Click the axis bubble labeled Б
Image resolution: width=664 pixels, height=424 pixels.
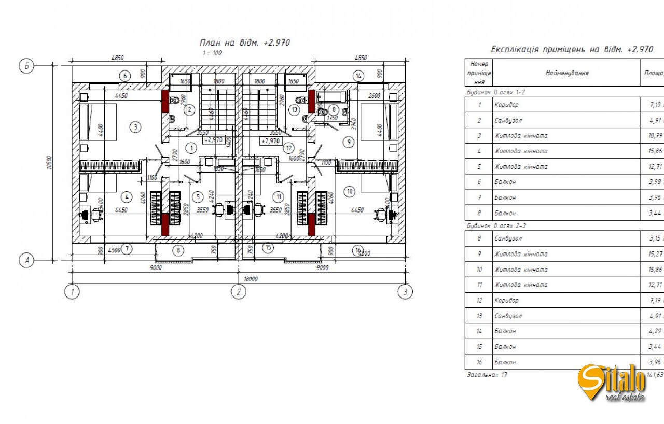26,66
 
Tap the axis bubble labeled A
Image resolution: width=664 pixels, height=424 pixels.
26,261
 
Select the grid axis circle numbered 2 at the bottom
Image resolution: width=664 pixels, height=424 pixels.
238,292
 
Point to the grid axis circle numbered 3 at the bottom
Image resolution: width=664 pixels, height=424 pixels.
405,292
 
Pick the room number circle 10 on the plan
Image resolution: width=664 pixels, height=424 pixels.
350,192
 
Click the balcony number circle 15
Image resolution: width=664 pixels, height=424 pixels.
268,248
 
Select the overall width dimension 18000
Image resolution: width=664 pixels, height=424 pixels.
251,279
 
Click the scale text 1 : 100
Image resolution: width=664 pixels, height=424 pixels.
212,53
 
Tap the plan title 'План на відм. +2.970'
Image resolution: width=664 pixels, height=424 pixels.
244,43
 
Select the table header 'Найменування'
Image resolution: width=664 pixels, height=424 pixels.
566,73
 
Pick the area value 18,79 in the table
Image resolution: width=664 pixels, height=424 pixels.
655,136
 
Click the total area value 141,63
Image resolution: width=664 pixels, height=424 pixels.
655,374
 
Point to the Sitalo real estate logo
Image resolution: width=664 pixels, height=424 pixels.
612,383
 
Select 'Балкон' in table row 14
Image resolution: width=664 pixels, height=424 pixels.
505,331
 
